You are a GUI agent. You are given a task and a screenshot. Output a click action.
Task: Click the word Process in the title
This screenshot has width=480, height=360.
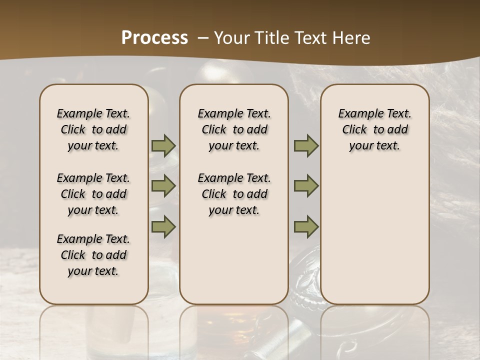(x=154, y=37)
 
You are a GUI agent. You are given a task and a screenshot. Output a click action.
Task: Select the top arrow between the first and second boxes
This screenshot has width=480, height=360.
(x=163, y=146)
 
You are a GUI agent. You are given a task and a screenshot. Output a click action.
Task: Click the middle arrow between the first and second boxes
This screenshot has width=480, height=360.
(x=163, y=186)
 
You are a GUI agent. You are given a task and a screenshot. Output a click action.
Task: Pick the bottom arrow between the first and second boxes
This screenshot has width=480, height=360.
(x=163, y=226)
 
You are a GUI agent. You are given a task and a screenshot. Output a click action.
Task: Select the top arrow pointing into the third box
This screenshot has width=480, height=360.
(x=306, y=146)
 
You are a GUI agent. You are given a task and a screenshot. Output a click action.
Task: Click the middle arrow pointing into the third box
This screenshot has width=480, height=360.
(x=306, y=186)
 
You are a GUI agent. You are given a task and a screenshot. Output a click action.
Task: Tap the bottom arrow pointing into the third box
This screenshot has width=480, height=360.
(x=306, y=226)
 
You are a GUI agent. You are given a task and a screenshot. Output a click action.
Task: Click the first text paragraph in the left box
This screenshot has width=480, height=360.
(x=93, y=129)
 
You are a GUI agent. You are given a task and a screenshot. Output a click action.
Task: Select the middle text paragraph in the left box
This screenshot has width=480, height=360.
(x=93, y=194)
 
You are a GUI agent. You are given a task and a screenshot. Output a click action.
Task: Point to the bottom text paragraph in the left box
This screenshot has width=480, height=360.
(x=93, y=255)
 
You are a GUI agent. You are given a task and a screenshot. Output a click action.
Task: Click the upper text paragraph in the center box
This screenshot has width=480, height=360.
(x=234, y=129)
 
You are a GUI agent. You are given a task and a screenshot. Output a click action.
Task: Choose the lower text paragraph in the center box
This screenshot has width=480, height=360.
(x=234, y=194)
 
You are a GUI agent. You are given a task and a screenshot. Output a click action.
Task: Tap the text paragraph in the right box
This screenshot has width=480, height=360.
(x=374, y=129)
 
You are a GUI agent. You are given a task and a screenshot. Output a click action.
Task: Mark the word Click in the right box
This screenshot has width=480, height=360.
(x=354, y=129)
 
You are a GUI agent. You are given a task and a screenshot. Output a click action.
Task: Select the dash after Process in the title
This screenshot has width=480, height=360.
(x=202, y=38)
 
